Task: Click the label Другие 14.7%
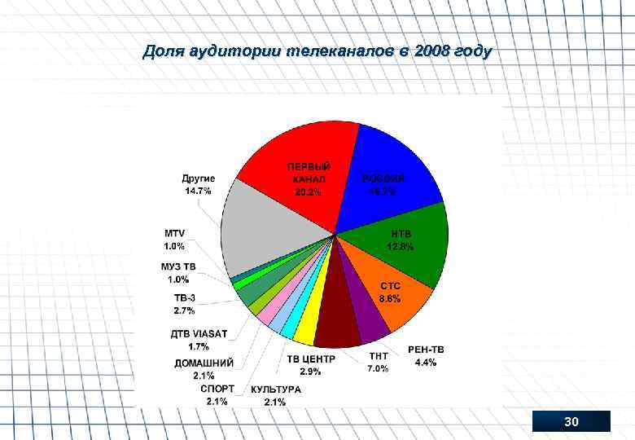click(x=198, y=184)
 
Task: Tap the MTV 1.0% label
click(x=174, y=239)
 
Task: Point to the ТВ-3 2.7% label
click(x=184, y=304)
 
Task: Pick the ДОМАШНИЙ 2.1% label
click(x=204, y=369)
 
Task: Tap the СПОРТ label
click(x=217, y=394)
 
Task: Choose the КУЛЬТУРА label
click(x=275, y=395)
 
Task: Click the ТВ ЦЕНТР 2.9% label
click(x=310, y=365)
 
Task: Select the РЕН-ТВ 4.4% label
click(x=426, y=356)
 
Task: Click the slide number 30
click(x=571, y=421)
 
